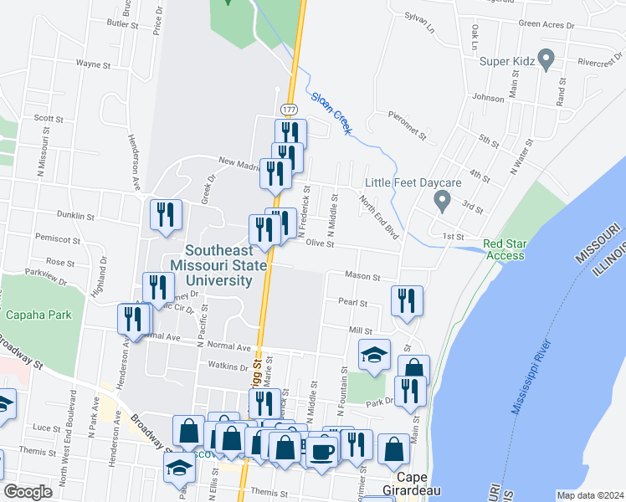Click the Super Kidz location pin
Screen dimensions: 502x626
[x=546, y=59]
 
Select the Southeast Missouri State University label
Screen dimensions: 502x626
[x=218, y=265]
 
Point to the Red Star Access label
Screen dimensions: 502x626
[x=505, y=250]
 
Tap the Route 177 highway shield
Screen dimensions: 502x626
[x=289, y=110]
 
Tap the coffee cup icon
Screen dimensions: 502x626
[x=321, y=451]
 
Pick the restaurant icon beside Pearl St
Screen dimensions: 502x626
[x=407, y=301]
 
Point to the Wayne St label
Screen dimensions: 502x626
[x=93, y=64]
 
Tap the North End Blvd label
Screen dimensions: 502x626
[x=377, y=215]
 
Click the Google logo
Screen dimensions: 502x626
[x=28, y=491]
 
